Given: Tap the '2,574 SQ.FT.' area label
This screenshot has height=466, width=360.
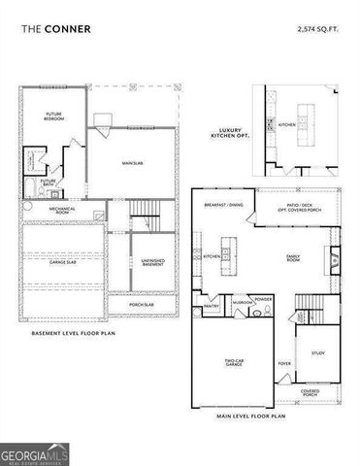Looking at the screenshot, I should [x=319, y=30].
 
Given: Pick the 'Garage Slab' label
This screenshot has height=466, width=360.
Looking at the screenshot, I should [x=64, y=262].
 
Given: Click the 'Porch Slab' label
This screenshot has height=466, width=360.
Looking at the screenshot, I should [x=152, y=306].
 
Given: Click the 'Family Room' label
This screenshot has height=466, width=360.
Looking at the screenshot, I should [x=293, y=257].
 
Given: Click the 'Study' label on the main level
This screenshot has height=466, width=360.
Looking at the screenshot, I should [x=316, y=353].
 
